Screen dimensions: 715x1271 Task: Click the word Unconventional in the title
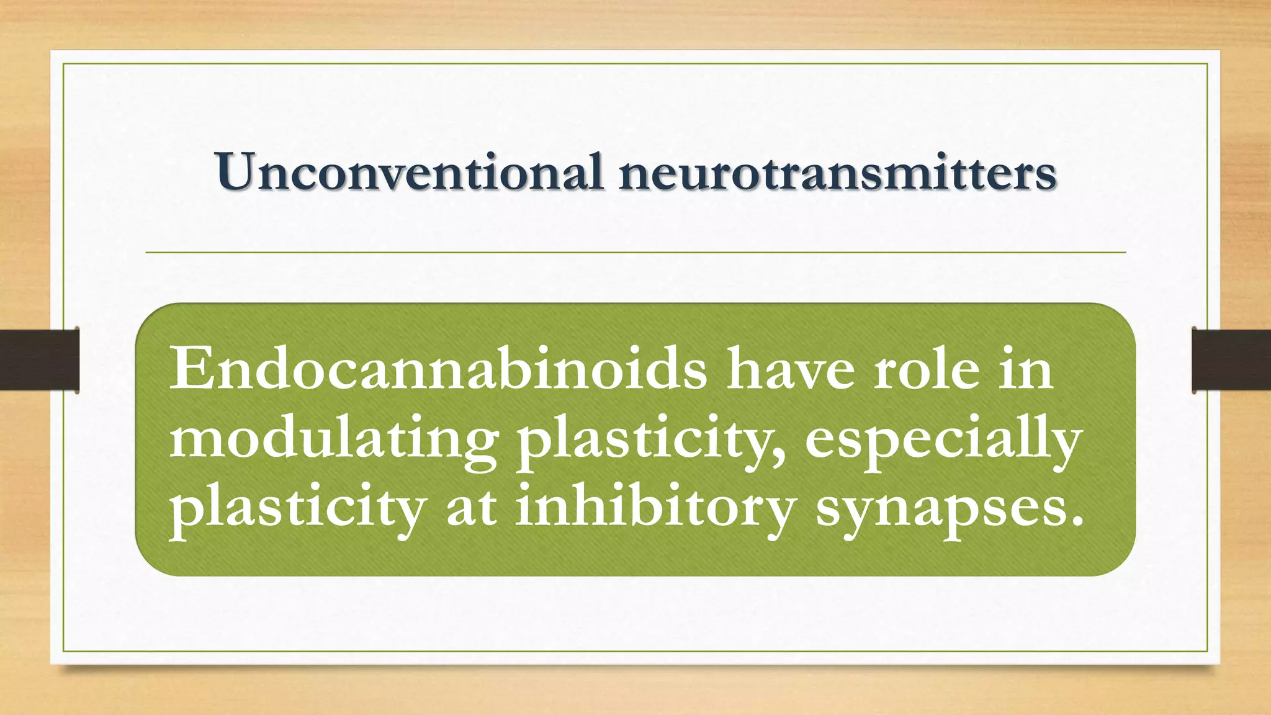click(410, 172)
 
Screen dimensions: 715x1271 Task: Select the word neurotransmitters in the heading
click(837, 172)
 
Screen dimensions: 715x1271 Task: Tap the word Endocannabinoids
click(438, 369)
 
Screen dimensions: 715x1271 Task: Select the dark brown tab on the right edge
click(1231, 360)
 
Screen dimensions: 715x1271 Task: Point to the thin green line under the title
click(635, 253)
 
